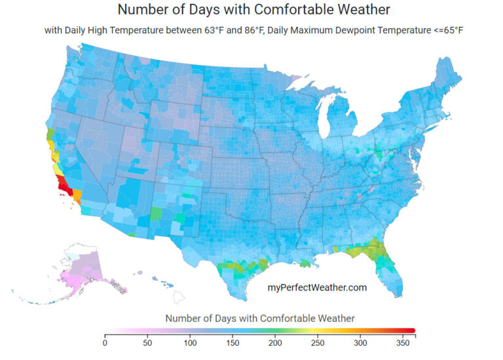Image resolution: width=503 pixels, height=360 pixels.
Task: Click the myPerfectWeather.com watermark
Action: click(318, 287)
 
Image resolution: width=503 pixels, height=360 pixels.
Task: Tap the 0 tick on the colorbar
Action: click(105, 342)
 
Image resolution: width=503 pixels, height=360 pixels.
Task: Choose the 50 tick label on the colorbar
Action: click(147, 342)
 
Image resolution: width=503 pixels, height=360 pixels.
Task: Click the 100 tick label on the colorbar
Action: click(190, 342)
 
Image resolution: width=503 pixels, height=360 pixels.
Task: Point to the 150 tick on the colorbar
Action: click(233, 342)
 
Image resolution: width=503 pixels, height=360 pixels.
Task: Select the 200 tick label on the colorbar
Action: click(275, 342)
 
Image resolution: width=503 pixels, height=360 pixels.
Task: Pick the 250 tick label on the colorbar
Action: click(318, 342)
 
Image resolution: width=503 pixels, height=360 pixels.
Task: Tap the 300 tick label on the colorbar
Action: click(360, 342)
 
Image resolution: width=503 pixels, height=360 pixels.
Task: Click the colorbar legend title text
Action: click(260, 318)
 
